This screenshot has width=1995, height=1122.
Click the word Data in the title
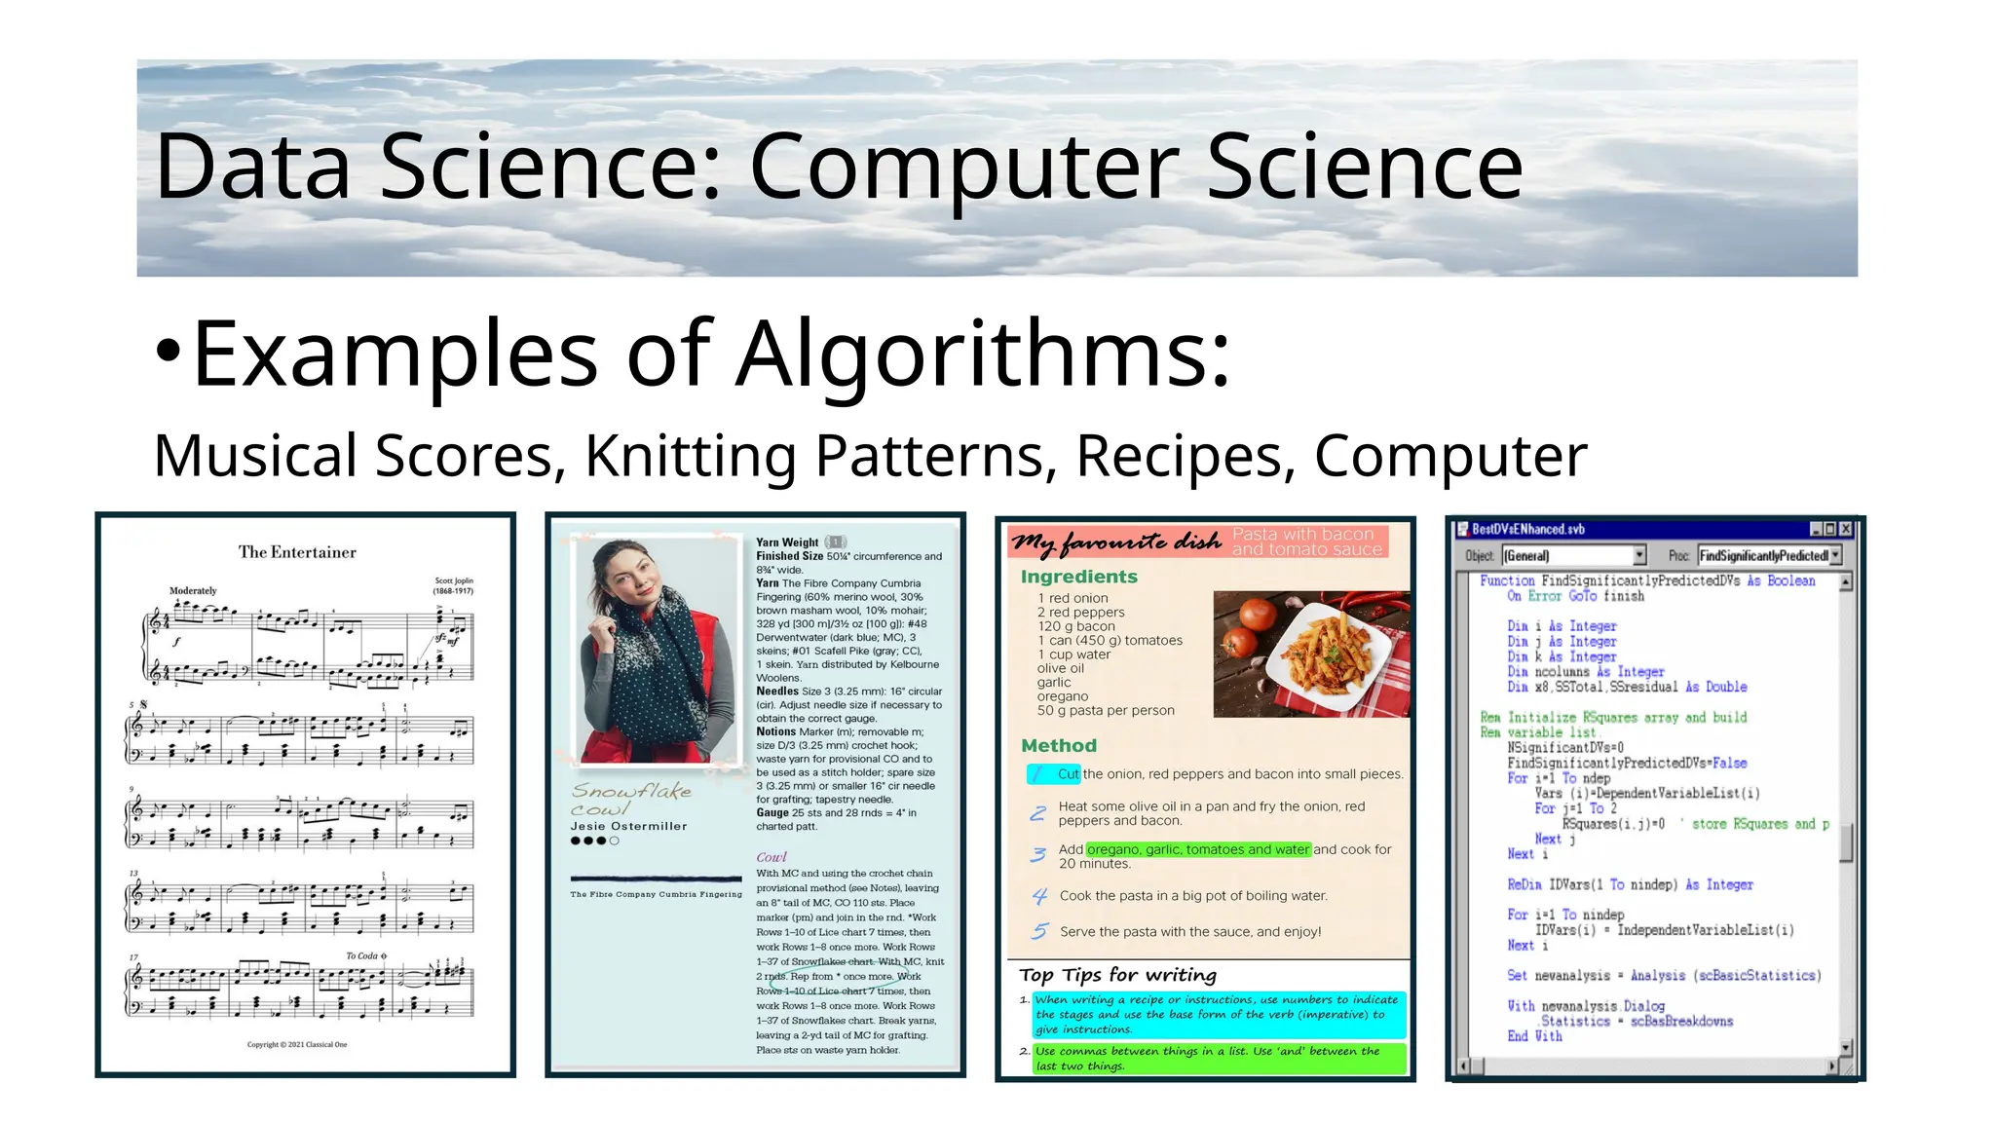click(x=252, y=168)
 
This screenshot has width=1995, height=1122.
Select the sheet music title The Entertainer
click(x=297, y=552)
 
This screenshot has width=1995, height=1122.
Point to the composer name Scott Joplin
click(x=454, y=580)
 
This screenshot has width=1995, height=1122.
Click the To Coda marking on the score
click(x=366, y=955)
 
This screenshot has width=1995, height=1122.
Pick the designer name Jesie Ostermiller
click(x=628, y=826)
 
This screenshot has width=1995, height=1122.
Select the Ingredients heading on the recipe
click(x=1078, y=577)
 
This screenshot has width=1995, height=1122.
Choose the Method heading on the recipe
click(x=1059, y=745)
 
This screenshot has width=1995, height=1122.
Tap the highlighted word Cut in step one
click(x=1068, y=774)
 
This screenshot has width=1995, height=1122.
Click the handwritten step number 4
click(x=1039, y=896)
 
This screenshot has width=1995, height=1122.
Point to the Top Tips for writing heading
click(x=1117, y=975)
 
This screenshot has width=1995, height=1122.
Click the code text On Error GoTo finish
click(x=1575, y=596)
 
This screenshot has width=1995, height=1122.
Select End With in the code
click(x=1534, y=1036)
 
